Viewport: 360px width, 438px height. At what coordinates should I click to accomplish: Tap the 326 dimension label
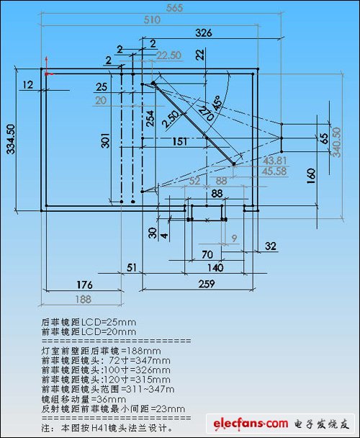(204, 33)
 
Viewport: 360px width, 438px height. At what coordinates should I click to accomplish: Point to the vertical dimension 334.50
(10, 138)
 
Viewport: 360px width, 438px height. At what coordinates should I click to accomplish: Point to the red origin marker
(48, 71)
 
